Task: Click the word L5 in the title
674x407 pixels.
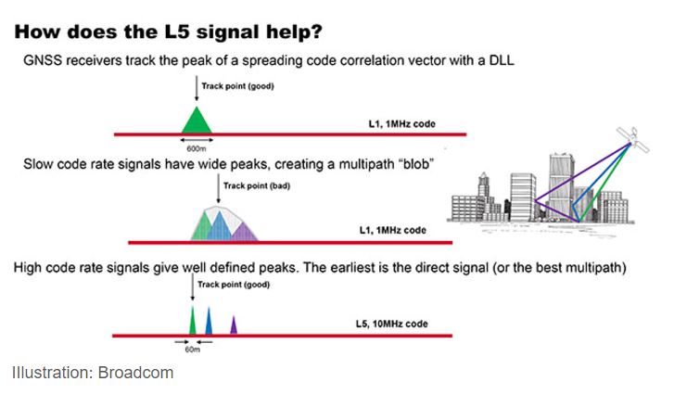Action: coord(176,32)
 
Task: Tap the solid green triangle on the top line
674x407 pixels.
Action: coord(197,122)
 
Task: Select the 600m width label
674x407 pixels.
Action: coord(196,148)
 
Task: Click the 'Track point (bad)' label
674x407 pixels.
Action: coord(257,186)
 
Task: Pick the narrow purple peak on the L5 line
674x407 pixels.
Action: coord(234,325)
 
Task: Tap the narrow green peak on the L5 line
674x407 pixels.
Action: coord(192,321)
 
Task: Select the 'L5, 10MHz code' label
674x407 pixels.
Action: coord(391,324)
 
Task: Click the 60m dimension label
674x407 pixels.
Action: coord(193,350)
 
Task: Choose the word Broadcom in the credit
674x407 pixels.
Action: coord(135,373)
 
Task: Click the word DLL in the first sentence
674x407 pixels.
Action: coord(502,59)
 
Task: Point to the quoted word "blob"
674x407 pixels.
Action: coord(416,164)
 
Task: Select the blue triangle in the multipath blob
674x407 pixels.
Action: coord(220,226)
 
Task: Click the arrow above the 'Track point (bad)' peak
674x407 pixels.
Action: coord(219,188)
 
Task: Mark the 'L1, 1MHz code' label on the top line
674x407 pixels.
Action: coord(402,124)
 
